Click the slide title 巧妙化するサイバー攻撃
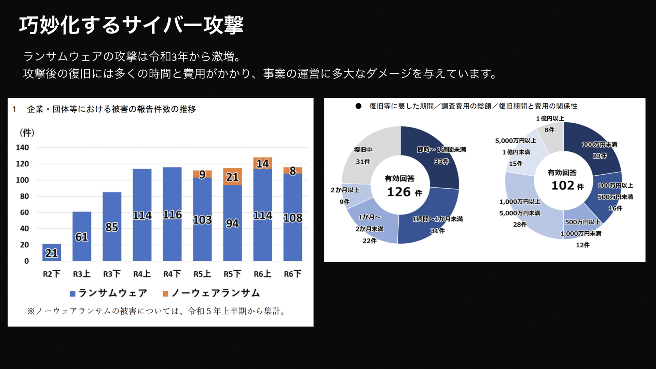click(x=131, y=25)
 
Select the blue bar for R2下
click(x=52, y=252)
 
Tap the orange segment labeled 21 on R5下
click(x=232, y=177)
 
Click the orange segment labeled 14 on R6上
click(x=262, y=163)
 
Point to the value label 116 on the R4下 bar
click(x=172, y=215)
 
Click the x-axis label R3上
click(x=82, y=274)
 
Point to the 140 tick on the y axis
click(x=22, y=148)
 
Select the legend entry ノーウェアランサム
click(x=215, y=293)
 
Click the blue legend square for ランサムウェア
click(x=72, y=294)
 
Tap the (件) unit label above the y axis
click(x=27, y=133)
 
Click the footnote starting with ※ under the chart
click(x=156, y=311)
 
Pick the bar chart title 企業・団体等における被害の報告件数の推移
click(x=111, y=109)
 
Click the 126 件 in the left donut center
click(x=404, y=192)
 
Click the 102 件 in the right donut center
click(x=567, y=186)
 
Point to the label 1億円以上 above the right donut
click(x=550, y=119)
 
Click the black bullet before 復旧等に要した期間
click(x=358, y=106)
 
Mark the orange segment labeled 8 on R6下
click(x=292, y=170)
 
